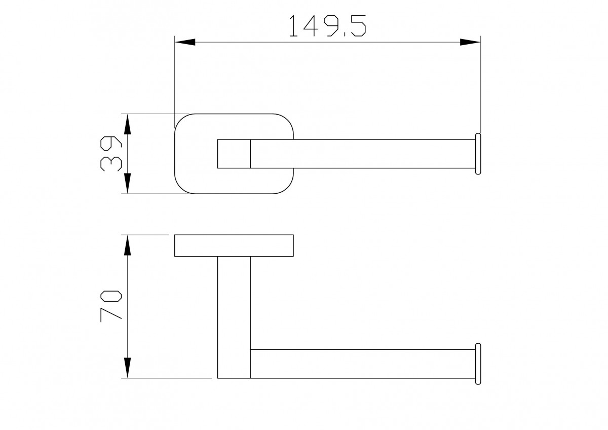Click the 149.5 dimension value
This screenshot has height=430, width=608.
click(328, 26)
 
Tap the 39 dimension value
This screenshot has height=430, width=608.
click(111, 154)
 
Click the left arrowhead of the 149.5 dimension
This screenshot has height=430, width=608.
click(185, 42)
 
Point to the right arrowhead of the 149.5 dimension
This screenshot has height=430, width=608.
click(470, 42)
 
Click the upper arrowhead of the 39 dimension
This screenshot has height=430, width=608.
click(127, 124)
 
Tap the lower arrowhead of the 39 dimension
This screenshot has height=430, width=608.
click(127, 184)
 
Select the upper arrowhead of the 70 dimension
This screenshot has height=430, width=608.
click(127, 245)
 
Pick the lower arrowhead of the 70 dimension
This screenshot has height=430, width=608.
click(127, 368)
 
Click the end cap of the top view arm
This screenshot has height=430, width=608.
click(478, 154)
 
